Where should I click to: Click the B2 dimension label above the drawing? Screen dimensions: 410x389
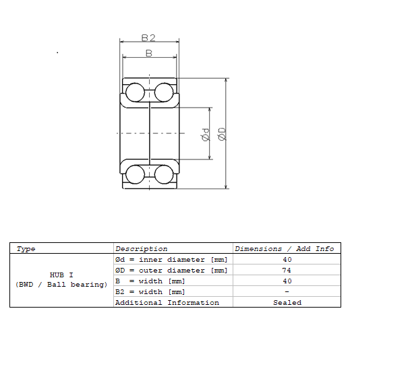[148, 38]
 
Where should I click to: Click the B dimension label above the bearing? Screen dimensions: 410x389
[149, 53]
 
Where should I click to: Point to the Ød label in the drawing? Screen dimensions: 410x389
[206, 135]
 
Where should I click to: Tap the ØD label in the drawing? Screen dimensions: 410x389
[222, 134]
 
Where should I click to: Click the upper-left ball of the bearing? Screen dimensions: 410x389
[135, 92]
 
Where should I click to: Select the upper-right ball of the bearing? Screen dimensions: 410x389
[164, 92]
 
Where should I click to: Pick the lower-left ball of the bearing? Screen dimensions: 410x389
[135, 174]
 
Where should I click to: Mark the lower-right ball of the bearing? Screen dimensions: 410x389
[164, 174]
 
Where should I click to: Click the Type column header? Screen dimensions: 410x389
[26, 249]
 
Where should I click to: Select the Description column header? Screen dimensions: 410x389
[142, 249]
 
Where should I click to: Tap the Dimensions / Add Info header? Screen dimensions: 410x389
[285, 249]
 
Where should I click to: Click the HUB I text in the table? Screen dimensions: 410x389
[61, 275]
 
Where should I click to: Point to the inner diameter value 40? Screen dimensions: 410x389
[287, 260]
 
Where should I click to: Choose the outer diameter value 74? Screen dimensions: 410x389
[287, 271]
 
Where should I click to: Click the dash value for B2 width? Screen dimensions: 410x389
[287, 291]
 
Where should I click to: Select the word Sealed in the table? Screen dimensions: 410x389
[287, 303]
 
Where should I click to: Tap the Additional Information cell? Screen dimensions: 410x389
[167, 303]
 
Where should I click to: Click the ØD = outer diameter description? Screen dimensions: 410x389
[171, 271]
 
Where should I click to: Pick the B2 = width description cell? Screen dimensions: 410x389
[150, 292]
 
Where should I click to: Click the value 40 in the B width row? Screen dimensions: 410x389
[287, 281]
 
